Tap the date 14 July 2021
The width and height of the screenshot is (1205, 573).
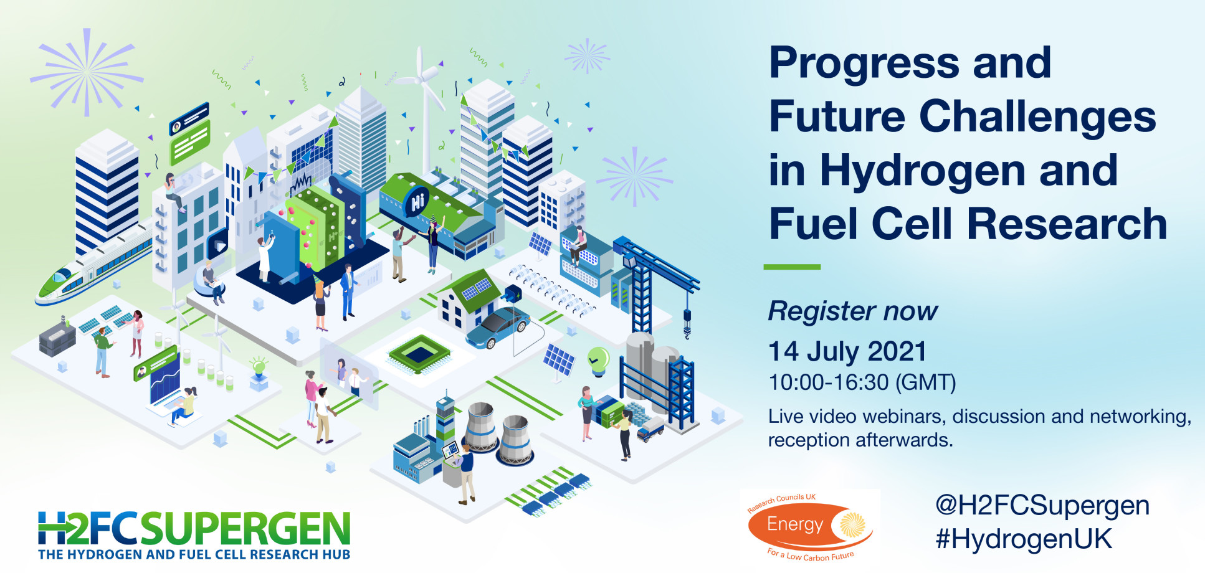point(847,351)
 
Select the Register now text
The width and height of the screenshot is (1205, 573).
point(852,311)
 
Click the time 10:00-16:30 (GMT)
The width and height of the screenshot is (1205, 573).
point(862,382)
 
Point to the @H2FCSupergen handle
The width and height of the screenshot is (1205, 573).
point(1042,506)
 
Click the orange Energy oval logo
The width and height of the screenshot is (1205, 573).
point(810,526)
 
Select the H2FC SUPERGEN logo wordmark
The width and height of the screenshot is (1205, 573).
point(194,529)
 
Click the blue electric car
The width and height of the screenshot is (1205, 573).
point(498,328)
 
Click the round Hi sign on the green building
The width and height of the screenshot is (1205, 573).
point(416,202)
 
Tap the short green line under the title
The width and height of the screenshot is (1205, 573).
point(792,267)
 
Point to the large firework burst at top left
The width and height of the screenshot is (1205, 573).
point(87,72)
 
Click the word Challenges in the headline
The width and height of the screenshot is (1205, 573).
point(1037,117)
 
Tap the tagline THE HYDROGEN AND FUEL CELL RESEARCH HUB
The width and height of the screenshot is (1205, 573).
point(194,554)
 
